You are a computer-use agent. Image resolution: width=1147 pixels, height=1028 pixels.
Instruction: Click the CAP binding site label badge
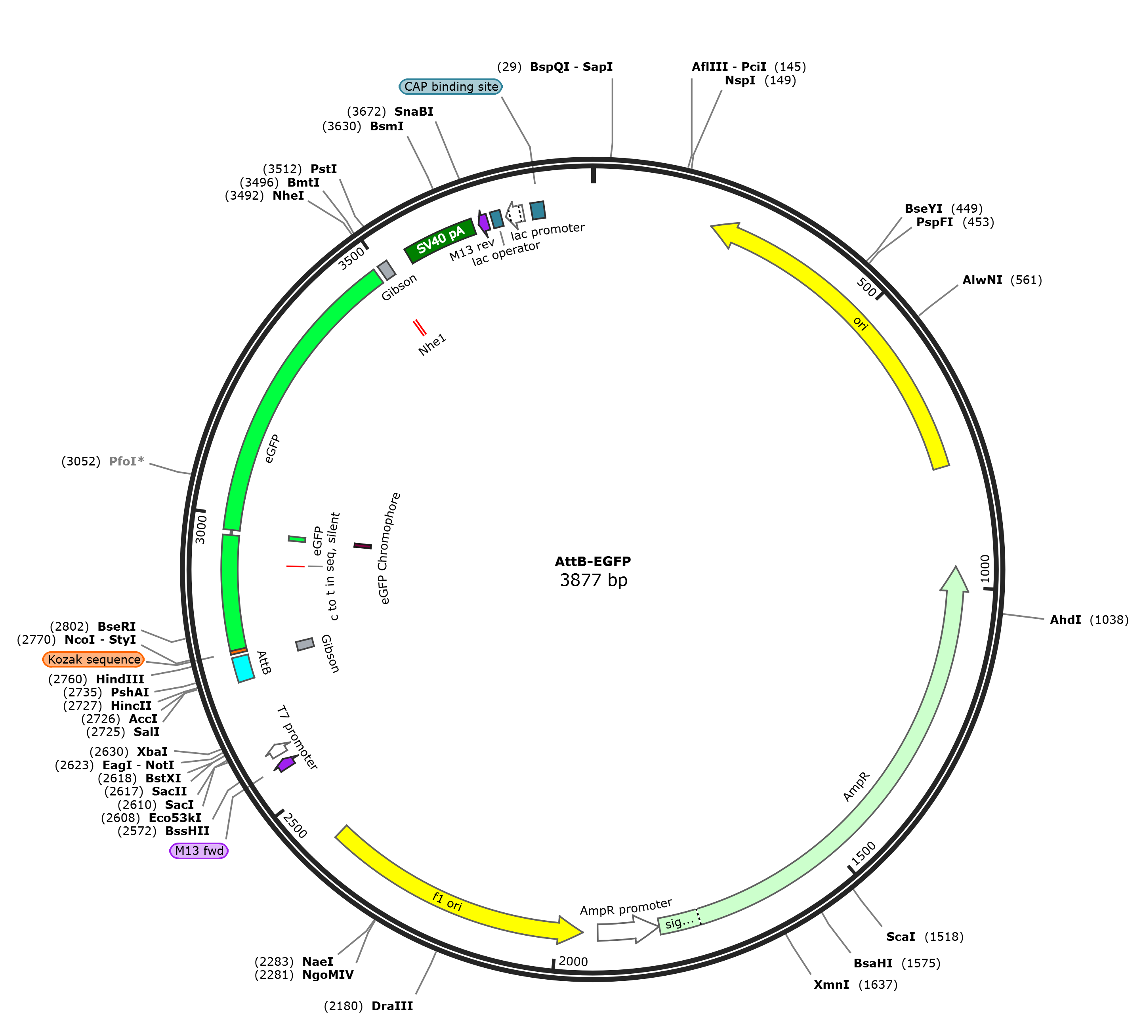point(451,86)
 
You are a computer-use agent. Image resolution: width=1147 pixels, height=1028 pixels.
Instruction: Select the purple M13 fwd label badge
point(199,851)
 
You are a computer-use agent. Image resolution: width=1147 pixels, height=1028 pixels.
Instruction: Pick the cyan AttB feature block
point(244,668)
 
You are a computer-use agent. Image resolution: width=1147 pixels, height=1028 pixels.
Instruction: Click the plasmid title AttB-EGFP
point(593,561)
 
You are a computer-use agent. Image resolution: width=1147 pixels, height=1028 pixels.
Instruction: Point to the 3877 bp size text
point(593,580)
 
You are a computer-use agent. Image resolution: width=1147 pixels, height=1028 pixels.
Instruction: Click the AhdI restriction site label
point(1065,620)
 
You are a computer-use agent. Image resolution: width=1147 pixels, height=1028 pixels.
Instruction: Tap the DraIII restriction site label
point(392,1006)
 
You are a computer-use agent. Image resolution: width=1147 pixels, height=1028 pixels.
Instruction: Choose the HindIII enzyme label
point(120,679)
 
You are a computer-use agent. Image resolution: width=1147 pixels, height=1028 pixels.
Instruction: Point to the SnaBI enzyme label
point(414,111)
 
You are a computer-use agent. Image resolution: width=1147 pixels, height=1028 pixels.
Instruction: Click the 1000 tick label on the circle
point(985,569)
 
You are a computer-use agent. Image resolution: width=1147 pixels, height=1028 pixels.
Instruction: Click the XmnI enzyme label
point(831,984)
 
